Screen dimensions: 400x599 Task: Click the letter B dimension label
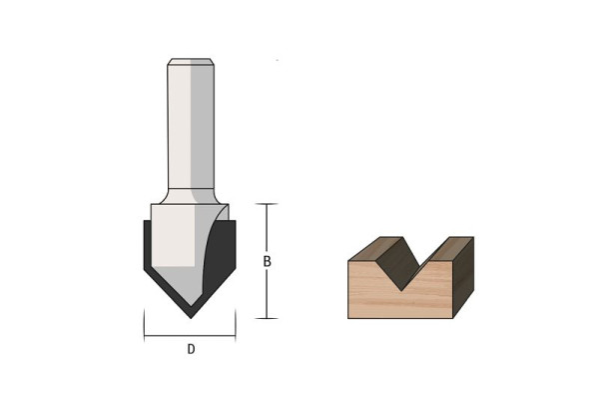point(267,261)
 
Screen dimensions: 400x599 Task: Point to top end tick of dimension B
point(267,204)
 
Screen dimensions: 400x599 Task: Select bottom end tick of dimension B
point(267,318)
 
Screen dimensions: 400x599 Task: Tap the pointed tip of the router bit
point(190,316)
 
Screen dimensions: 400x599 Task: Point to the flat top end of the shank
point(190,61)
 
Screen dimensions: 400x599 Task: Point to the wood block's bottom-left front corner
point(348,317)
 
